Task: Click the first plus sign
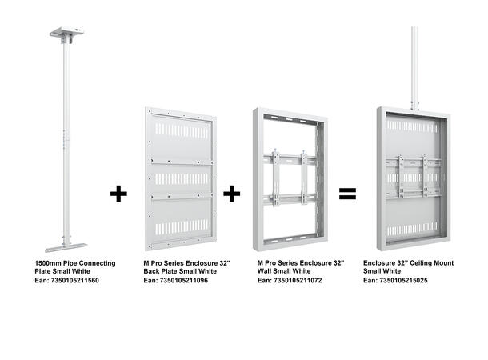coord(118,194)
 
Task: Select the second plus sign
coord(232,194)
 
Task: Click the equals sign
coord(346,194)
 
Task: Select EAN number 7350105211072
coord(298,280)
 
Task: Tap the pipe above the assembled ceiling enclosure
coord(414,64)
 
